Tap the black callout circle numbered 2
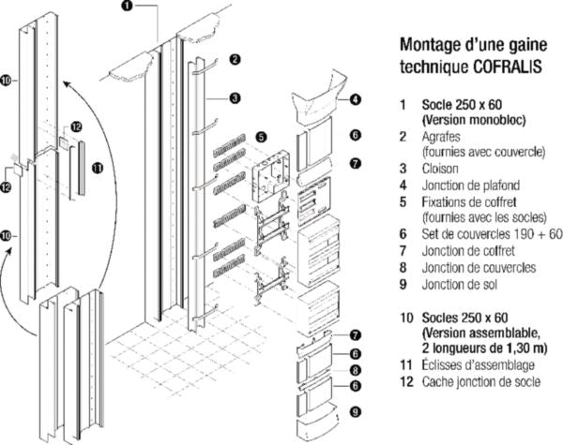tap(236, 59)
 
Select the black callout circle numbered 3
tap(236, 96)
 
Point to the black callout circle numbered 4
tap(357, 99)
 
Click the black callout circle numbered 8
tap(356, 370)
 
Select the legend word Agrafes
tap(443, 135)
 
